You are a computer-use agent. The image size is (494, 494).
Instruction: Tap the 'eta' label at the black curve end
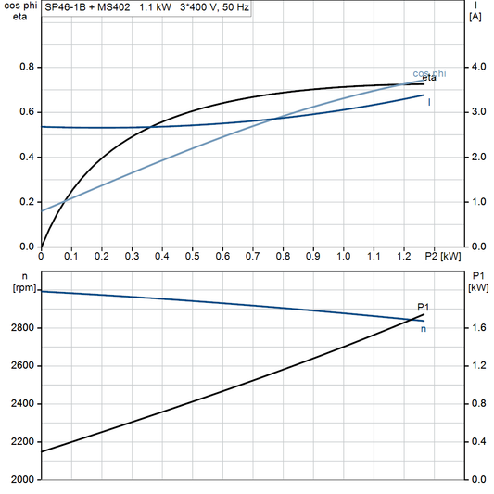coord(430,79)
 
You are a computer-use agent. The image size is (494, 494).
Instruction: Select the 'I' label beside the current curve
coord(428,101)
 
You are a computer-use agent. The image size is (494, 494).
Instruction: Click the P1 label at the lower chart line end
coord(424,307)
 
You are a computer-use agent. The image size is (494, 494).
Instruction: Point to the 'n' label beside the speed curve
coord(424,328)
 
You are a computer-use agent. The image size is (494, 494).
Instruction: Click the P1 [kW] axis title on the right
coord(478,282)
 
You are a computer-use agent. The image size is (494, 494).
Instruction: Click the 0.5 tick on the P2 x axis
coord(192,257)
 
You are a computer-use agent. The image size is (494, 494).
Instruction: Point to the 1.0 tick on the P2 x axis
coord(343,257)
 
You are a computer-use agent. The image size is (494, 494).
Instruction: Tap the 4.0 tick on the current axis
coord(475,68)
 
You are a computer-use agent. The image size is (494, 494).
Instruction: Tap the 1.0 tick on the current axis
coord(475,202)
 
